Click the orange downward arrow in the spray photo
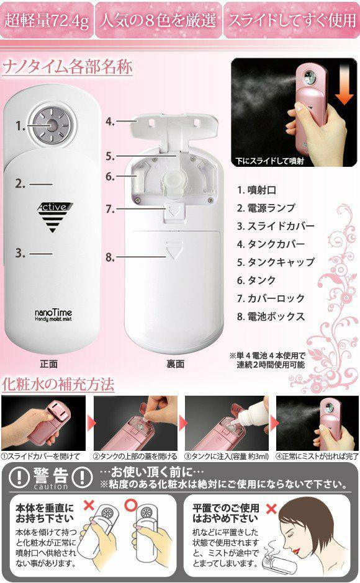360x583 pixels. pos(344,89)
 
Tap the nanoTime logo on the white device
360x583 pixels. pos(53,315)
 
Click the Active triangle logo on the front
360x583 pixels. pos(54,217)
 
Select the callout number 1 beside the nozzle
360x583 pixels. pos(20,127)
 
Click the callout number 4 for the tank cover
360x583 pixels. pos(109,121)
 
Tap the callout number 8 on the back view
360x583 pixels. pos(109,257)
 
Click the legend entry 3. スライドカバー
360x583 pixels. pos(276,226)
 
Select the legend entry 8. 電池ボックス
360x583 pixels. pos(271,317)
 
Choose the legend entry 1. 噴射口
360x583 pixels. pos(256,190)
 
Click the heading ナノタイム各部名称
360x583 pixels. pos(68,68)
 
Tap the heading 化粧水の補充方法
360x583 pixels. pos(58,385)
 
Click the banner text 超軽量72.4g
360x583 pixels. pos(47,20)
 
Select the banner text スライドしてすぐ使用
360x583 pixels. pos(292,20)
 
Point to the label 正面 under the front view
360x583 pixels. pos(49,364)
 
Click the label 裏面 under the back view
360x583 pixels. pos(176,364)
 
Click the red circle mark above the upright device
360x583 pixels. pos(131,505)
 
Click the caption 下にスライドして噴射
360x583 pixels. pos(270,161)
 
